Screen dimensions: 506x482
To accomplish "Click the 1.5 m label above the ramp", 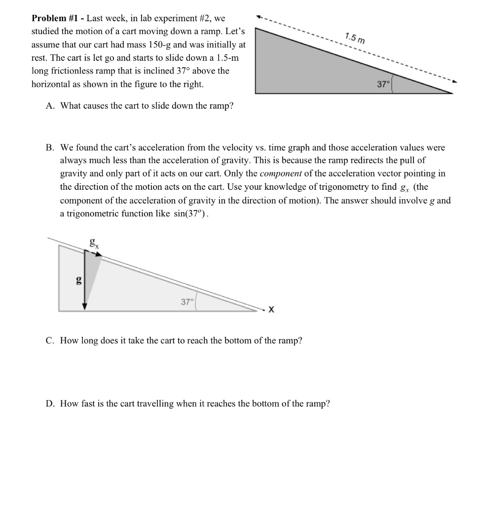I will (355, 38).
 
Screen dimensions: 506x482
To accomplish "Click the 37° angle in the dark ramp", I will (383, 84).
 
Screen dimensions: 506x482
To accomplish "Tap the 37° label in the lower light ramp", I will (187, 302).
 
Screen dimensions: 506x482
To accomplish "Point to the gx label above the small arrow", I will (93, 243).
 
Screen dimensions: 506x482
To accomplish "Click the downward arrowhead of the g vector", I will (85, 306).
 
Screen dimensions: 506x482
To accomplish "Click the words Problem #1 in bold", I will (54, 18).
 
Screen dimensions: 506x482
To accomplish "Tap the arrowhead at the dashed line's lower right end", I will (454, 82).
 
